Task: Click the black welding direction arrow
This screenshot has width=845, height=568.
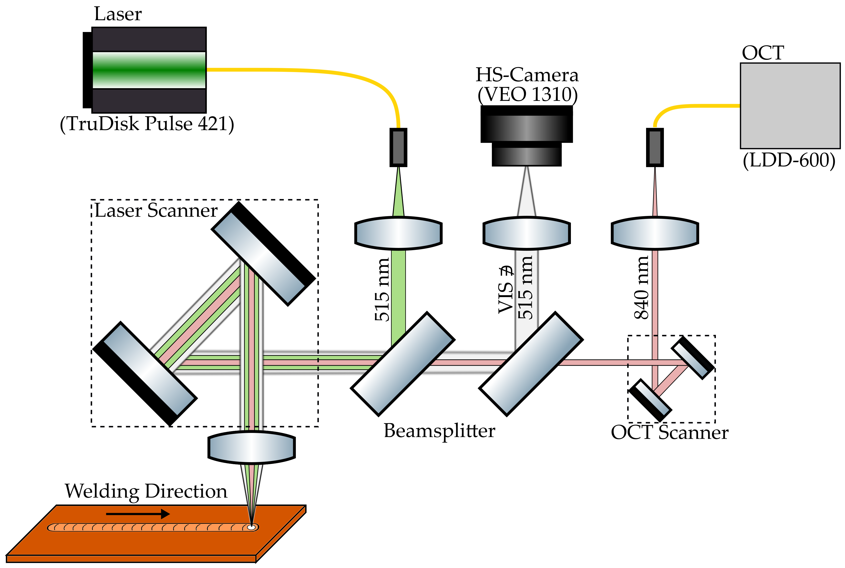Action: tap(137, 514)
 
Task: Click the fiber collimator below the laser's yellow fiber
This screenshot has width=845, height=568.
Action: tap(398, 147)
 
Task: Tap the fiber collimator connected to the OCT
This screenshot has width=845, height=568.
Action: tap(655, 147)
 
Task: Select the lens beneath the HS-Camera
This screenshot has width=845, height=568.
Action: tap(526, 233)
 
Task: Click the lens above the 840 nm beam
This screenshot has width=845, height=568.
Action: tap(655, 233)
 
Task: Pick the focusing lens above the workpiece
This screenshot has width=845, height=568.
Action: tap(251, 447)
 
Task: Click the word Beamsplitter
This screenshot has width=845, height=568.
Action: tap(439, 431)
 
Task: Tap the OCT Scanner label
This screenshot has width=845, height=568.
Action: tap(670, 433)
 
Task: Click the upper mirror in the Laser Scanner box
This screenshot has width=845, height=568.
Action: tap(263, 254)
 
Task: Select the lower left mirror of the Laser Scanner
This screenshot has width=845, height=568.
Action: tap(145, 373)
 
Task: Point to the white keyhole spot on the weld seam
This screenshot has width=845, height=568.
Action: tap(251, 527)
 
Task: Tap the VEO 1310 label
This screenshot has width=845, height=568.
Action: tap(527, 95)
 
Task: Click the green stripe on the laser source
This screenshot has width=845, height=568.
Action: tap(149, 70)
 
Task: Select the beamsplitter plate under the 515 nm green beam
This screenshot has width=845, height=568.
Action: tap(402, 364)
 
